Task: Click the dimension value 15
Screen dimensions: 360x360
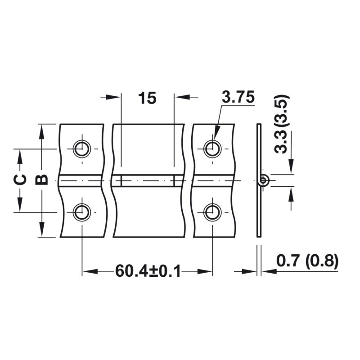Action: pyautogui.click(x=147, y=98)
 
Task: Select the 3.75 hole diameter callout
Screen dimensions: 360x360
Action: pyautogui.click(x=238, y=97)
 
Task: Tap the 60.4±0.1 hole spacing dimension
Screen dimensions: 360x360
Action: pyautogui.click(x=148, y=271)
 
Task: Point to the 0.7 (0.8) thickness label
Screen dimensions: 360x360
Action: pyautogui.click(x=307, y=261)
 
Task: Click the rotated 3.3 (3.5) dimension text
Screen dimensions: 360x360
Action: pyautogui.click(x=282, y=124)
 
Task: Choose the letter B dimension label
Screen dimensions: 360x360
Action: pyautogui.click(x=41, y=180)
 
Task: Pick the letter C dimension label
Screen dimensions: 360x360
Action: pyautogui.click(x=20, y=180)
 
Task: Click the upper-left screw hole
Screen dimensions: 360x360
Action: pyautogui.click(x=82, y=149)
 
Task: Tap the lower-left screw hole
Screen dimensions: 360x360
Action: pyautogui.click(x=82, y=212)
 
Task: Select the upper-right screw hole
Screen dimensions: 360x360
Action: pyautogui.click(x=213, y=149)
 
